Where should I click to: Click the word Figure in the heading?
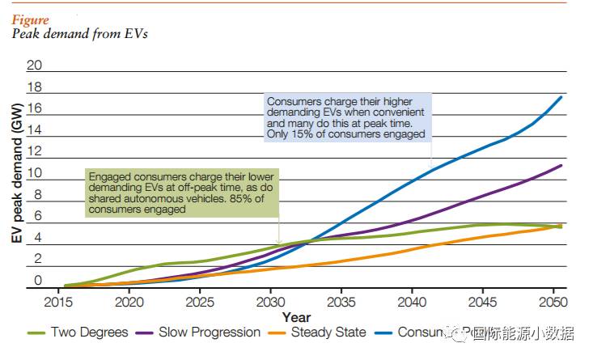[x=30, y=20]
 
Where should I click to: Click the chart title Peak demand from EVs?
[x=79, y=34]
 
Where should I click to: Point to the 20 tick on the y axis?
[x=34, y=65]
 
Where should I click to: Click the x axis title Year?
[x=296, y=318]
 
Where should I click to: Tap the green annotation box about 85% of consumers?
[x=181, y=193]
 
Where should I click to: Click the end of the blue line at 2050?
[x=561, y=97]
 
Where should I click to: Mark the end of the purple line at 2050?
[x=561, y=165]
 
